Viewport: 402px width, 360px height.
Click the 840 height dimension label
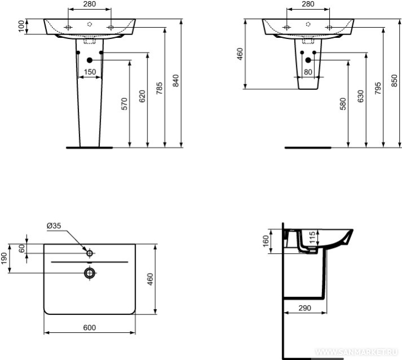[x=176, y=80]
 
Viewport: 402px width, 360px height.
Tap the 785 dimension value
[x=159, y=88]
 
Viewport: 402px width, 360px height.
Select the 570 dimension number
[x=124, y=103]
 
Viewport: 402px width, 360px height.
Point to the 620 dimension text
[x=142, y=96]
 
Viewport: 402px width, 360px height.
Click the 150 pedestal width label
[x=90, y=72]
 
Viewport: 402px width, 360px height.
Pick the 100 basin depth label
[x=21, y=27]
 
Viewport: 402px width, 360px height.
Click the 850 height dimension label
[x=395, y=80]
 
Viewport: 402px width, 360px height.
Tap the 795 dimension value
[x=378, y=88]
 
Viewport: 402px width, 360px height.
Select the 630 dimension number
[x=361, y=96]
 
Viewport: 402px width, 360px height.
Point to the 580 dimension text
[x=343, y=103]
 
